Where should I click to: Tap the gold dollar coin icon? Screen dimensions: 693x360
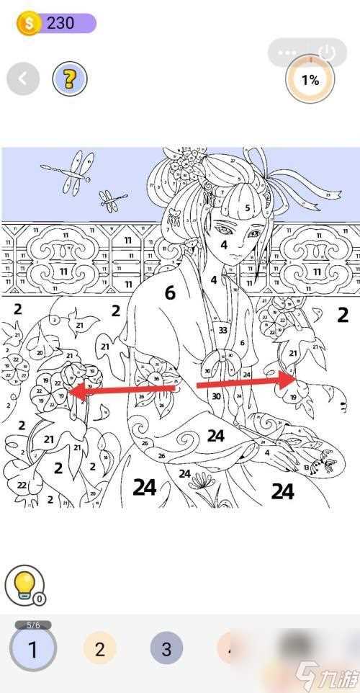[x=29, y=23]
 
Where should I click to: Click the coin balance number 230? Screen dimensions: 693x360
[x=60, y=23]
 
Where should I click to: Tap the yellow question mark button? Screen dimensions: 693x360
[x=70, y=79]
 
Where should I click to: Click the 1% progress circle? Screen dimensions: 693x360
[x=310, y=80]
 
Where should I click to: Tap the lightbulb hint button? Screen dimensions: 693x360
[x=24, y=584]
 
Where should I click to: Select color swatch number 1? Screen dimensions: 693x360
[x=32, y=649]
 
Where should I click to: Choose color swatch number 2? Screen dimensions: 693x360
[x=99, y=649]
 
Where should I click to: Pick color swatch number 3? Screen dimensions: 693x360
[x=166, y=649]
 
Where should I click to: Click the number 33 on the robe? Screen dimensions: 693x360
[x=222, y=331]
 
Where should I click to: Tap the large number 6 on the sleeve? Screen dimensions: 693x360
[x=170, y=292]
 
